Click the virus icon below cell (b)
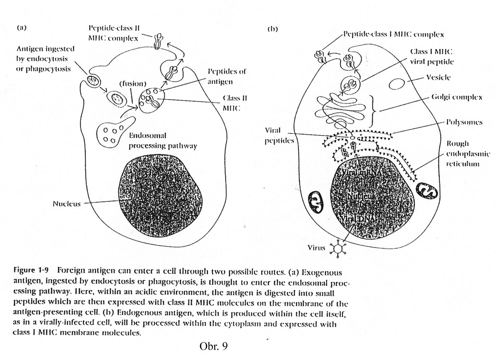(x=338, y=248)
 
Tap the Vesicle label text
(x=438, y=77)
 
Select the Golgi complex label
(x=456, y=97)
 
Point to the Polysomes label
(x=464, y=122)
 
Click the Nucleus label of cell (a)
(x=66, y=204)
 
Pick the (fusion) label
(x=132, y=83)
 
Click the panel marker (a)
(x=22, y=28)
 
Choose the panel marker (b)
(x=272, y=29)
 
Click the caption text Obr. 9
(x=213, y=346)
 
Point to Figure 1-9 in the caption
(x=31, y=271)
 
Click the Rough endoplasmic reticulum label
(x=468, y=154)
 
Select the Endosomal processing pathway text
(x=163, y=141)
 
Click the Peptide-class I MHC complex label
(x=393, y=34)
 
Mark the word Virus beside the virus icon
(x=316, y=247)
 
